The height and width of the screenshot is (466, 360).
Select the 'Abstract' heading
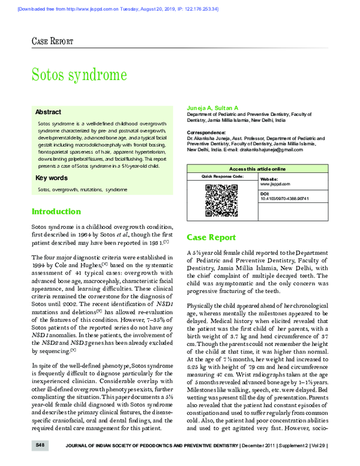point(48,112)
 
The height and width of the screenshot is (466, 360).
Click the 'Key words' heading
point(51,178)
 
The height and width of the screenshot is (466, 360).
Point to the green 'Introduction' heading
point(56,211)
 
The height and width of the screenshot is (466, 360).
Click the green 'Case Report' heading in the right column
point(211,237)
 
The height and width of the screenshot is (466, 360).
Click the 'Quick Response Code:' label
point(222,178)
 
